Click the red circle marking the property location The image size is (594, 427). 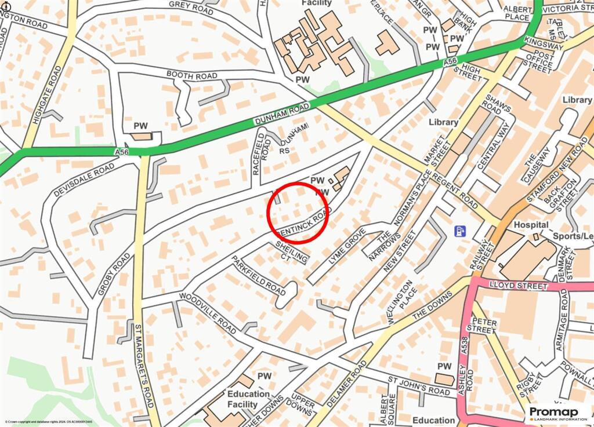[x=298, y=212]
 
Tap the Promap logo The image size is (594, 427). [x=557, y=414]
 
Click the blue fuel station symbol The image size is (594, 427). [x=460, y=231]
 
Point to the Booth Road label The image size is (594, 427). [x=191, y=75]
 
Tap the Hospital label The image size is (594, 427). [x=515, y=224]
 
